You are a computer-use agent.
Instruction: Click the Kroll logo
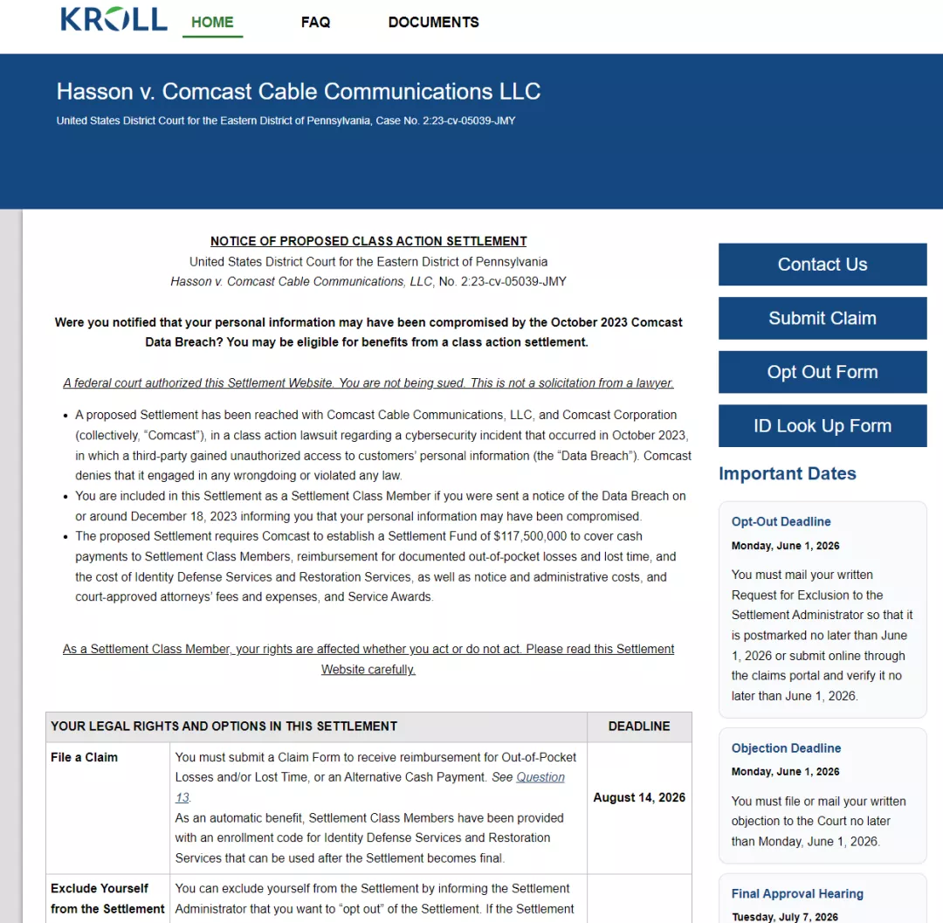pyautogui.click(x=114, y=19)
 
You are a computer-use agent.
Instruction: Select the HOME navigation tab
pyautogui.click(x=212, y=23)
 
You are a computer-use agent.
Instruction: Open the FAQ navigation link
pyautogui.click(x=315, y=23)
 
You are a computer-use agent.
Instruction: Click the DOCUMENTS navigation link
pyautogui.click(x=433, y=23)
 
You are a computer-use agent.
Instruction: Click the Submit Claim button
pyautogui.click(x=822, y=318)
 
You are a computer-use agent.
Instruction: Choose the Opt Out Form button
pyautogui.click(x=822, y=372)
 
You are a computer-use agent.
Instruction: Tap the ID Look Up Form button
pyautogui.click(x=822, y=426)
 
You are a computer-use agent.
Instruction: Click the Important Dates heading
pyautogui.click(x=787, y=473)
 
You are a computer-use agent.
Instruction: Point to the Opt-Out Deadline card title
pyautogui.click(x=781, y=521)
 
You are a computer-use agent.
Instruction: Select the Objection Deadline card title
pyautogui.click(x=786, y=748)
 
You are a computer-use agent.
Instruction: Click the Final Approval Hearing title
pyautogui.click(x=797, y=893)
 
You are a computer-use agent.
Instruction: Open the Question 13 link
pyautogui.click(x=540, y=777)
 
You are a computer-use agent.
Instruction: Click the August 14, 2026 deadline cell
pyautogui.click(x=639, y=797)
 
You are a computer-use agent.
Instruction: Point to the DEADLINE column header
pyautogui.click(x=639, y=726)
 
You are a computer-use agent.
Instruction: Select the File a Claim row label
pyautogui.click(x=84, y=757)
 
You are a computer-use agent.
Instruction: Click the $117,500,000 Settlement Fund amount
pyautogui.click(x=530, y=536)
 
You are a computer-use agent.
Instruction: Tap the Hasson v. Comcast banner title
pyautogui.click(x=299, y=92)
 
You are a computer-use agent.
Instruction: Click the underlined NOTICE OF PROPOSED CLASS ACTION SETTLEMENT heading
pyautogui.click(x=368, y=241)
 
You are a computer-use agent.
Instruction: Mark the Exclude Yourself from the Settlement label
pyautogui.click(x=107, y=898)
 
